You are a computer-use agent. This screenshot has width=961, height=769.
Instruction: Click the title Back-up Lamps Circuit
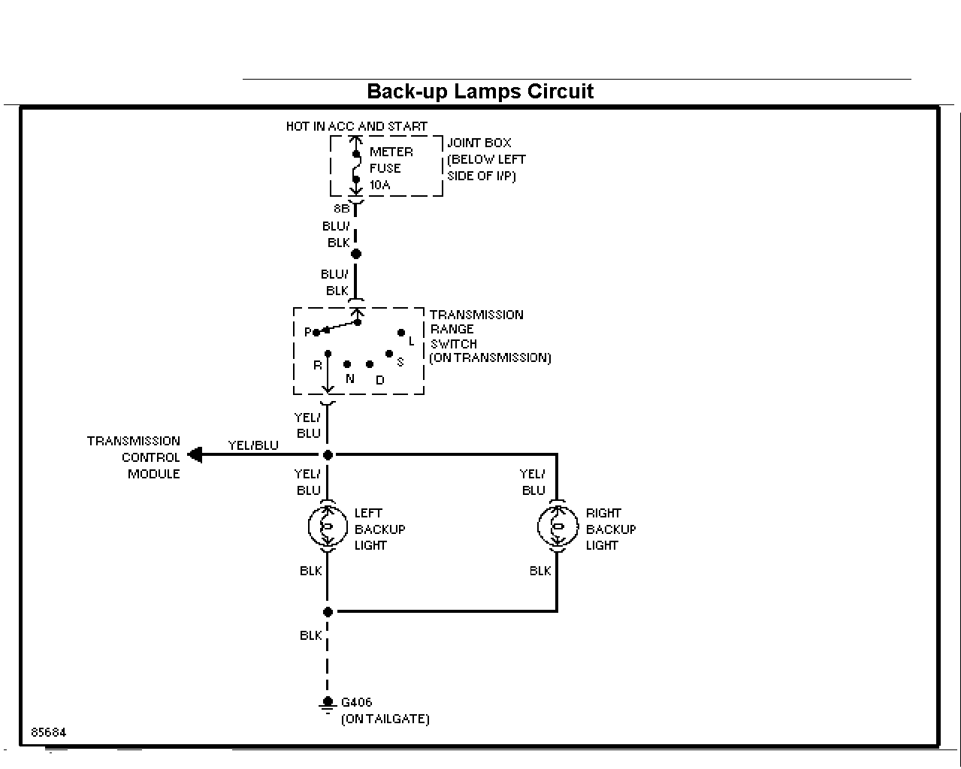pyautogui.click(x=480, y=92)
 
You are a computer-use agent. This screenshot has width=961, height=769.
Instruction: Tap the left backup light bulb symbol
pyautogui.click(x=328, y=526)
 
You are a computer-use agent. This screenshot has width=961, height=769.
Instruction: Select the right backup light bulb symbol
pyautogui.click(x=557, y=526)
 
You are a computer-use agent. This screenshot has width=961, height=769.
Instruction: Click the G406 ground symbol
pyautogui.click(x=328, y=704)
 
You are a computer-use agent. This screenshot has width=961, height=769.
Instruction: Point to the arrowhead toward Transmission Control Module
pyautogui.click(x=195, y=455)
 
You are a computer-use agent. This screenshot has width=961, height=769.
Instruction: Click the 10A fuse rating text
pyautogui.click(x=380, y=185)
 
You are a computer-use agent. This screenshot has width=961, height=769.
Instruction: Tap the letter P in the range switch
pyautogui.click(x=307, y=332)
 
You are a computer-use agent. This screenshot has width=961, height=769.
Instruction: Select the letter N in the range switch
pyautogui.click(x=350, y=379)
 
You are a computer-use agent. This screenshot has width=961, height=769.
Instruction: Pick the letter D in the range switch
pyautogui.click(x=380, y=380)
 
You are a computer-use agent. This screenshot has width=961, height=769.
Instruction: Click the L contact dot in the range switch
pyautogui.click(x=401, y=333)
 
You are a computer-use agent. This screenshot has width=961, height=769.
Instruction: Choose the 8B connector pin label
pyautogui.click(x=342, y=209)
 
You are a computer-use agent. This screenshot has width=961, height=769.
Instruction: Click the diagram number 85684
pyautogui.click(x=49, y=732)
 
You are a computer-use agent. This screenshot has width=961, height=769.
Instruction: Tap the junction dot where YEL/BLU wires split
pyautogui.click(x=328, y=455)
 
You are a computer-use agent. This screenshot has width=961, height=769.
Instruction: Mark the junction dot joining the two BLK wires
pyautogui.click(x=328, y=612)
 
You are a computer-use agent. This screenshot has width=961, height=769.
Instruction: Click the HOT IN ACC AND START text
pyautogui.click(x=357, y=126)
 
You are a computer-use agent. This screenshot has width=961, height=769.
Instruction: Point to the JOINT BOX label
pyautogui.click(x=479, y=143)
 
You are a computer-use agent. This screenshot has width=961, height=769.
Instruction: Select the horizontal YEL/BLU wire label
pyautogui.click(x=253, y=445)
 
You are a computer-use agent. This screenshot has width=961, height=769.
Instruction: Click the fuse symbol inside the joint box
pyautogui.click(x=356, y=167)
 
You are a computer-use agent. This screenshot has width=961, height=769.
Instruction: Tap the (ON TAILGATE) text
pyautogui.click(x=385, y=719)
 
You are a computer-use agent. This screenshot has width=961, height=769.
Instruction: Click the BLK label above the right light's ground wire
pyautogui.click(x=540, y=571)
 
